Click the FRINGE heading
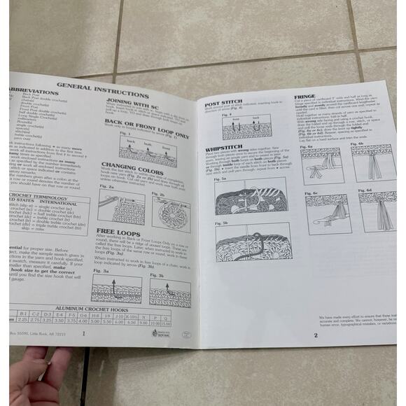click(305, 96)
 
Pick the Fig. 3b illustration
click(168, 290)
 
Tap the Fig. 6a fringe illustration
click(321, 164)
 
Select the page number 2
click(316, 335)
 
